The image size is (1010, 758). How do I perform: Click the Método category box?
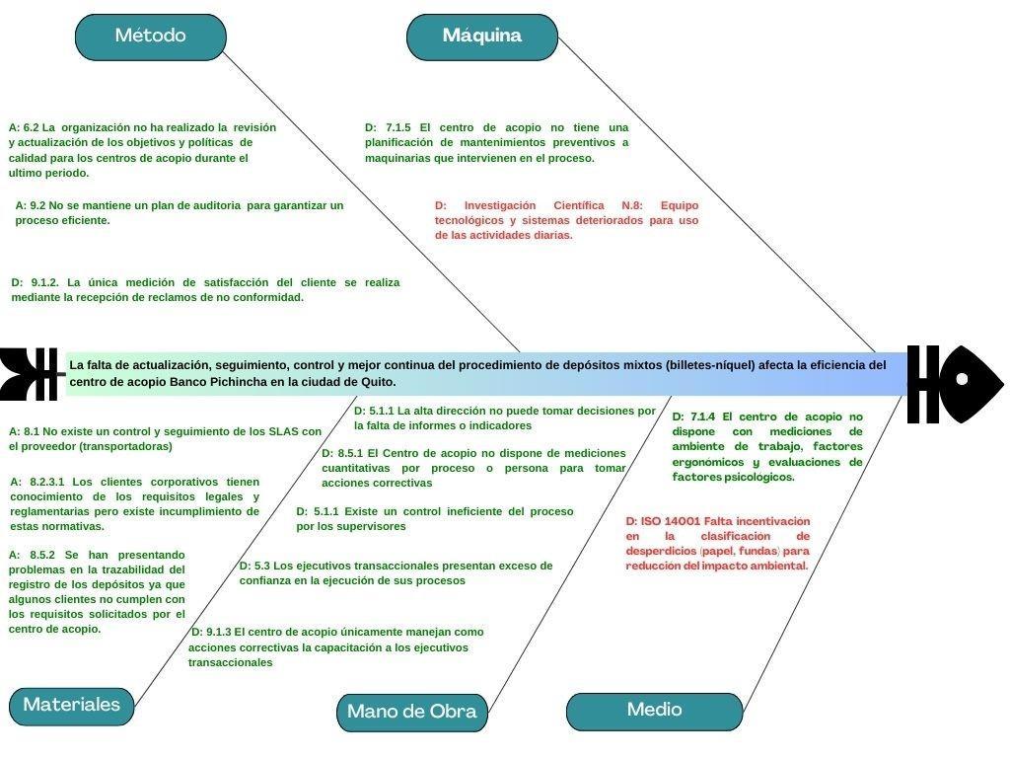[x=150, y=37]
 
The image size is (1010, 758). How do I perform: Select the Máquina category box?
[x=481, y=37]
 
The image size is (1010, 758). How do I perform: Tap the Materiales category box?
[x=71, y=706]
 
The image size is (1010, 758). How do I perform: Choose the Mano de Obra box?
[x=411, y=712]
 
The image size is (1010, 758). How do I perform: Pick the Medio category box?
[x=654, y=711]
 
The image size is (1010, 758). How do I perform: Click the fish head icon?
[x=954, y=384]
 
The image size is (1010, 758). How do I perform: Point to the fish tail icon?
[x=29, y=374]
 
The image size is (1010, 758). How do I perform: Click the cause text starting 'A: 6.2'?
[x=142, y=150]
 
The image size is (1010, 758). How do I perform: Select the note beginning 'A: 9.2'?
[x=179, y=212]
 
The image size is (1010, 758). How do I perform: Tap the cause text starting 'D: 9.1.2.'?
[x=205, y=289]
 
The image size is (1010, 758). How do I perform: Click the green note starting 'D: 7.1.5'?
[x=496, y=142]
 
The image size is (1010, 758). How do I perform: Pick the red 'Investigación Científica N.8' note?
[x=566, y=220]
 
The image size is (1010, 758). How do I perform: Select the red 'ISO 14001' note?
[x=717, y=543]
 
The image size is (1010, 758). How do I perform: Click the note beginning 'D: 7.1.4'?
[x=767, y=447]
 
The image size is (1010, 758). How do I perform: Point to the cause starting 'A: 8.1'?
[x=165, y=438]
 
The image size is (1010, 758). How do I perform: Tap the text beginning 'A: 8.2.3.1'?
[x=135, y=503]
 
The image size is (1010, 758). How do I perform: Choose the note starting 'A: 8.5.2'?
[x=97, y=592]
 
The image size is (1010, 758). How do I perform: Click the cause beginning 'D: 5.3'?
[x=396, y=572]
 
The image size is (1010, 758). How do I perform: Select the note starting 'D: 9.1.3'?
[x=335, y=646]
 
